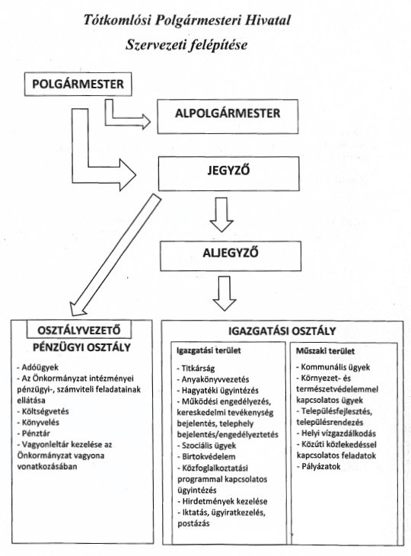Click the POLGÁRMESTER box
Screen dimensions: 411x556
click(x=78, y=85)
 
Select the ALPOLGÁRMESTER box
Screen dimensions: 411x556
click(x=228, y=117)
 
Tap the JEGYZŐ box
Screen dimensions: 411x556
click(x=228, y=174)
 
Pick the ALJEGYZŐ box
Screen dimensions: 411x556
click(x=231, y=257)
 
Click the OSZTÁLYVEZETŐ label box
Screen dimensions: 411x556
click(x=79, y=330)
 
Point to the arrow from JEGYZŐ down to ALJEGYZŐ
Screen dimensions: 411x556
click(x=221, y=215)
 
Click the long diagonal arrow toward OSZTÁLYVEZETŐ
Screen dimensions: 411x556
click(x=115, y=254)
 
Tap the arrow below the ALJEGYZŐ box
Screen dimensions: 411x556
click(x=225, y=293)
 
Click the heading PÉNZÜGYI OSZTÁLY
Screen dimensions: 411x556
click(x=82, y=347)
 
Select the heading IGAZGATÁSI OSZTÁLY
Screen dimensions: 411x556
click(x=282, y=331)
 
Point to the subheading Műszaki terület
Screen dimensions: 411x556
click(x=325, y=351)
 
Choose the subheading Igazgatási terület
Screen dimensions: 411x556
click(x=209, y=350)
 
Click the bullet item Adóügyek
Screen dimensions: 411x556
click(x=37, y=367)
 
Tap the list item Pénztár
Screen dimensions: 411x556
click(x=33, y=433)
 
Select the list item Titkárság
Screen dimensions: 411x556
click(x=196, y=368)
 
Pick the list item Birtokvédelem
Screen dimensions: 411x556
click(x=206, y=457)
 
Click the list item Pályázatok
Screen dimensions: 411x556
click(x=318, y=466)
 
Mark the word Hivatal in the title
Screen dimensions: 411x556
click(x=266, y=20)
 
